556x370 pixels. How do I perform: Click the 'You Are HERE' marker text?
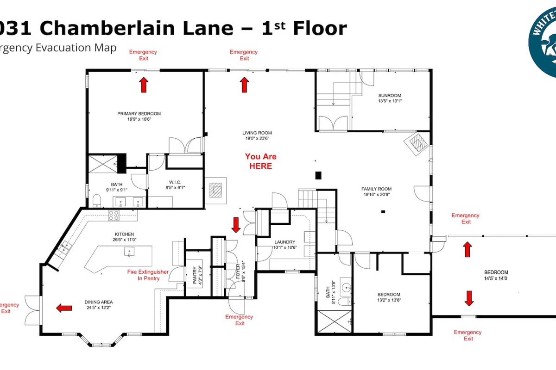pos(260,161)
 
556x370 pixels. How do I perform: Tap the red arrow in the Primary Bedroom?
pos(144,85)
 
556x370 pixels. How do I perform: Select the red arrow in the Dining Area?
pos(64,308)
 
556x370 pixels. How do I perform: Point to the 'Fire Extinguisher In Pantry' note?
pos(148,275)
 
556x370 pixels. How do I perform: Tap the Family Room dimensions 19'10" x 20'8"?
pos(376,195)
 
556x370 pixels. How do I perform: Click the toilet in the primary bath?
pos(97,200)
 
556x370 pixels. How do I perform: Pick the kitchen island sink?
pos(129,252)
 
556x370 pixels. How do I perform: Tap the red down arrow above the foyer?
pos(236,225)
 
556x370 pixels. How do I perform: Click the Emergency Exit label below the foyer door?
pos(239,320)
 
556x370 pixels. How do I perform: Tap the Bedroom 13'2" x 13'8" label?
pos(389,297)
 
